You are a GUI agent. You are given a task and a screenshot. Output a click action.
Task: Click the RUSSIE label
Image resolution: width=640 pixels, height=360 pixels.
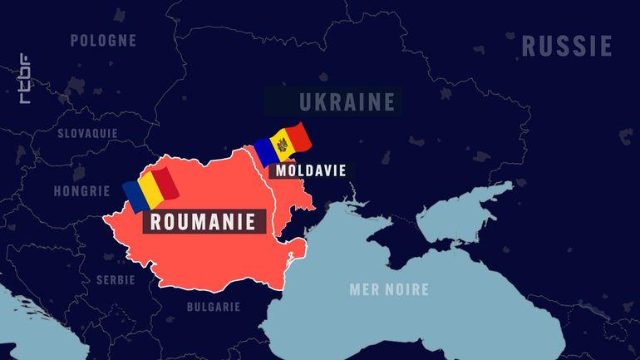click(x=566, y=46)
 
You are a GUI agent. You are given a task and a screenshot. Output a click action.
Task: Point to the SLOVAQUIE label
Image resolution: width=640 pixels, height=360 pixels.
click(x=87, y=133)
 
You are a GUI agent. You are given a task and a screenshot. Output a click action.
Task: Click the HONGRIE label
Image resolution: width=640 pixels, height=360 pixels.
click(x=81, y=190)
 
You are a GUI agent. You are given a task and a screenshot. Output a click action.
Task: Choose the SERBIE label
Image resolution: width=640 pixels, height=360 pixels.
click(x=115, y=279)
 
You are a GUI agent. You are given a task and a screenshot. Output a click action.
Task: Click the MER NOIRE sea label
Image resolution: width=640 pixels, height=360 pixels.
click(x=389, y=289)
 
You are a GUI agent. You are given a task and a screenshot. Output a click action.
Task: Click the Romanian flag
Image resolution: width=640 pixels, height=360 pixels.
click(x=150, y=189)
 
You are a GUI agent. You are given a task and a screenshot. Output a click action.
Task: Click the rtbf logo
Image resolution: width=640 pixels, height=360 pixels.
click(x=25, y=77)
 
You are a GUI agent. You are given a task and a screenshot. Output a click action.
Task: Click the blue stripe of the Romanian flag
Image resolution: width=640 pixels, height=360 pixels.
click(x=133, y=195)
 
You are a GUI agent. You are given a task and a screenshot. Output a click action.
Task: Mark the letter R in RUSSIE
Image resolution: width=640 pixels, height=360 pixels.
click(x=529, y=46)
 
